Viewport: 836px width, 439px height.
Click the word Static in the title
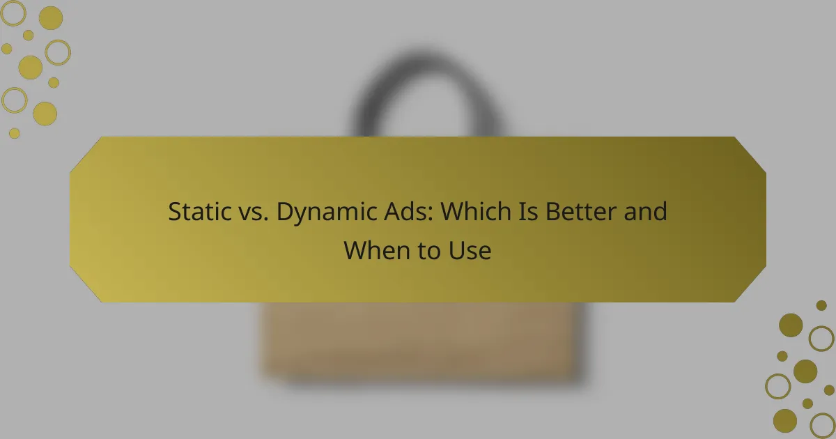tap(199, 211)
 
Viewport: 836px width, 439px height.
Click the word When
tap(376, 250)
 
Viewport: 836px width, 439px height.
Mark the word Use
tap(470, 250)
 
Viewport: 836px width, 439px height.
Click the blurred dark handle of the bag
tap(426, 67)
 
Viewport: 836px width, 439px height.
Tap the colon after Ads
tap(431, 213)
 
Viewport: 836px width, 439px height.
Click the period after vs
tap(266, 219)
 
